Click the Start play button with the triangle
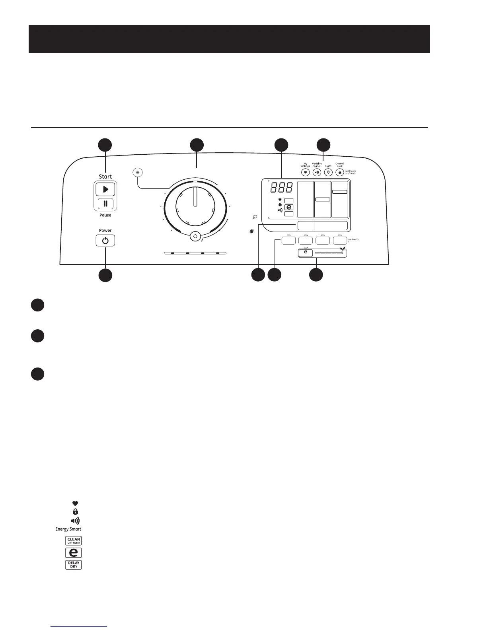pos(105,190)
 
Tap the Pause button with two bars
pos(105,204)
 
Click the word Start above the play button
pos(105,177)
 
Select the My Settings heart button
pos(306,173)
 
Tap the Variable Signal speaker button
pos(317,173)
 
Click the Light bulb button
pos(328,173)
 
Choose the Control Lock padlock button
pos(340,173)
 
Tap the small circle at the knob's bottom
pos(195,236)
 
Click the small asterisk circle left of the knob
pos(138,173)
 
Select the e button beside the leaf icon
pos(306,253)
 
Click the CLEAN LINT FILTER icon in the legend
pos(74,541)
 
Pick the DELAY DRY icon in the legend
pos(74,565)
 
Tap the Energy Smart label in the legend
pos(68,529)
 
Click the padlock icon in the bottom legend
pos(75,512)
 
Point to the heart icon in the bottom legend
pos(75,504)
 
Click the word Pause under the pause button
pos(105,215)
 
